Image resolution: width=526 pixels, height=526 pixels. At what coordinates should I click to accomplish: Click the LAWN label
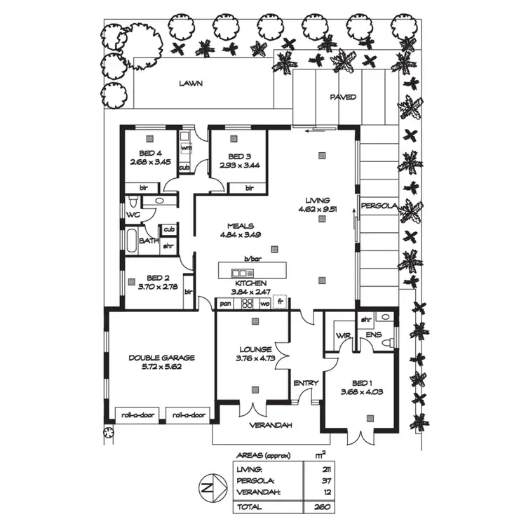(x=190, y=83)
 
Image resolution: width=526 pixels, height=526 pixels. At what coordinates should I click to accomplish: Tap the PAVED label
(x=343, y=97)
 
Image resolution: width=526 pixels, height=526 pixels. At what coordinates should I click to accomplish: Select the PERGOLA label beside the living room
(x=379, y=205)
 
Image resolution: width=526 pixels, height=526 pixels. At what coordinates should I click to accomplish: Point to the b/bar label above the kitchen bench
(x=252, y=259)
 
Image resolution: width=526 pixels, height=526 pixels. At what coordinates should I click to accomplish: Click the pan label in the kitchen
(x=225, y=304)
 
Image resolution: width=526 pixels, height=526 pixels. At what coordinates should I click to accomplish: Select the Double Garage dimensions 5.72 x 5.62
(x=161, y=365)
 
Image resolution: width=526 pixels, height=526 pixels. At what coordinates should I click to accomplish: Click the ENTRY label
(x=306, y=383)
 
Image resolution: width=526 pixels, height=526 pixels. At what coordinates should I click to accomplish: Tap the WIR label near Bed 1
(x=343, y=335)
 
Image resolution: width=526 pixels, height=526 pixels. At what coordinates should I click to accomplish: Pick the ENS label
(x=374, y=335)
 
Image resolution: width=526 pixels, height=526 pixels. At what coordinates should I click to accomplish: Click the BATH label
(x=148, y=241)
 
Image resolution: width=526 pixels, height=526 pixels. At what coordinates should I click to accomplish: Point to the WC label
(x=133, y=214)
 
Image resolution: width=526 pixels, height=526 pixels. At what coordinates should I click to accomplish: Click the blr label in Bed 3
(x=250, y=188)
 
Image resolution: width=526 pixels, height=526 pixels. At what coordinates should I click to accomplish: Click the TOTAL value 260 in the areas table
(x=323, y=506)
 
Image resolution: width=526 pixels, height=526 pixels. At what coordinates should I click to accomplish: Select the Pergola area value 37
(x=323, y=480)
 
